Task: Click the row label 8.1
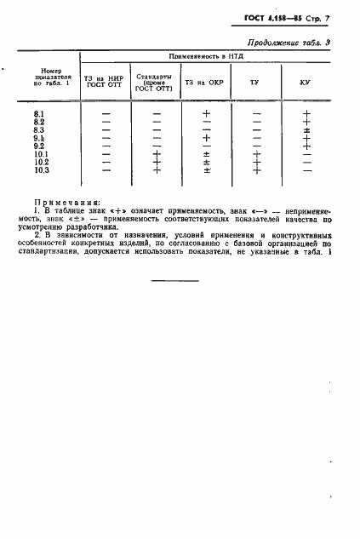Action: [x=39, y=113]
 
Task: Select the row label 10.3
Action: [x=42, y=170]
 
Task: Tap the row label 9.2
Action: [x=39, y=146]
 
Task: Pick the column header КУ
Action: [x=304, y=83]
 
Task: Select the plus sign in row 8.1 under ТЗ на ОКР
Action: [x=206, y=113]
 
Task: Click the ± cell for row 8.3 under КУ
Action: [x=306, y=129]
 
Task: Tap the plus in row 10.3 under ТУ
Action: [x=256, y=170]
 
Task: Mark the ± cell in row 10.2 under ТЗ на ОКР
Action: [x=206, y=162]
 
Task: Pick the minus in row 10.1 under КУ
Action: [x=306, y=154]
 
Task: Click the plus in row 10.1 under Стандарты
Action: [x=156, y=154]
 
